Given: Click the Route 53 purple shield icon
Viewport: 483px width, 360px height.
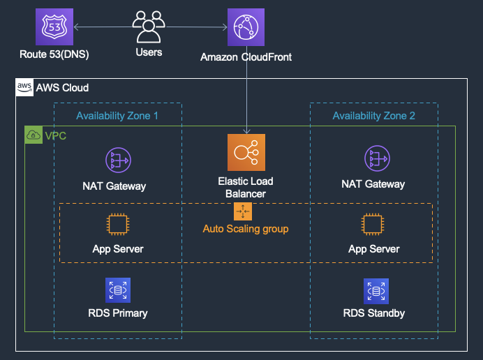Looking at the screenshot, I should [54, 27].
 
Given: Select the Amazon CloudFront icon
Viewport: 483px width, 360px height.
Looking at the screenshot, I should [246, 27].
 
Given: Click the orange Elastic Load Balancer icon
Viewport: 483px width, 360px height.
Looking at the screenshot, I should [246, 153].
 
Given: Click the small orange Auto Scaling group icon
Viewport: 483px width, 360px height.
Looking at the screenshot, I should [243, 211].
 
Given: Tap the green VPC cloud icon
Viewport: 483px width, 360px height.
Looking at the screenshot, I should [34, 135].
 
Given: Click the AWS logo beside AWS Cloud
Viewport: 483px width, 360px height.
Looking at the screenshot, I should [24, 88].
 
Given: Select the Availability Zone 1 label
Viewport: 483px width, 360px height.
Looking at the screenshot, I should [117, 116].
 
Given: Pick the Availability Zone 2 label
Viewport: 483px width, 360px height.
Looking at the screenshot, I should [374, 116].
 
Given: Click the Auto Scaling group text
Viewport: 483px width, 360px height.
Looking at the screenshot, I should [246, 229].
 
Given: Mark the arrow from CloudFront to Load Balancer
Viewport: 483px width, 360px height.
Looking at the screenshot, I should [246, 98].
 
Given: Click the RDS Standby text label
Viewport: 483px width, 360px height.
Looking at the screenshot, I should [374, 313].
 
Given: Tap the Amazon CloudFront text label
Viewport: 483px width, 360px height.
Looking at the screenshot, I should [246, 57].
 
